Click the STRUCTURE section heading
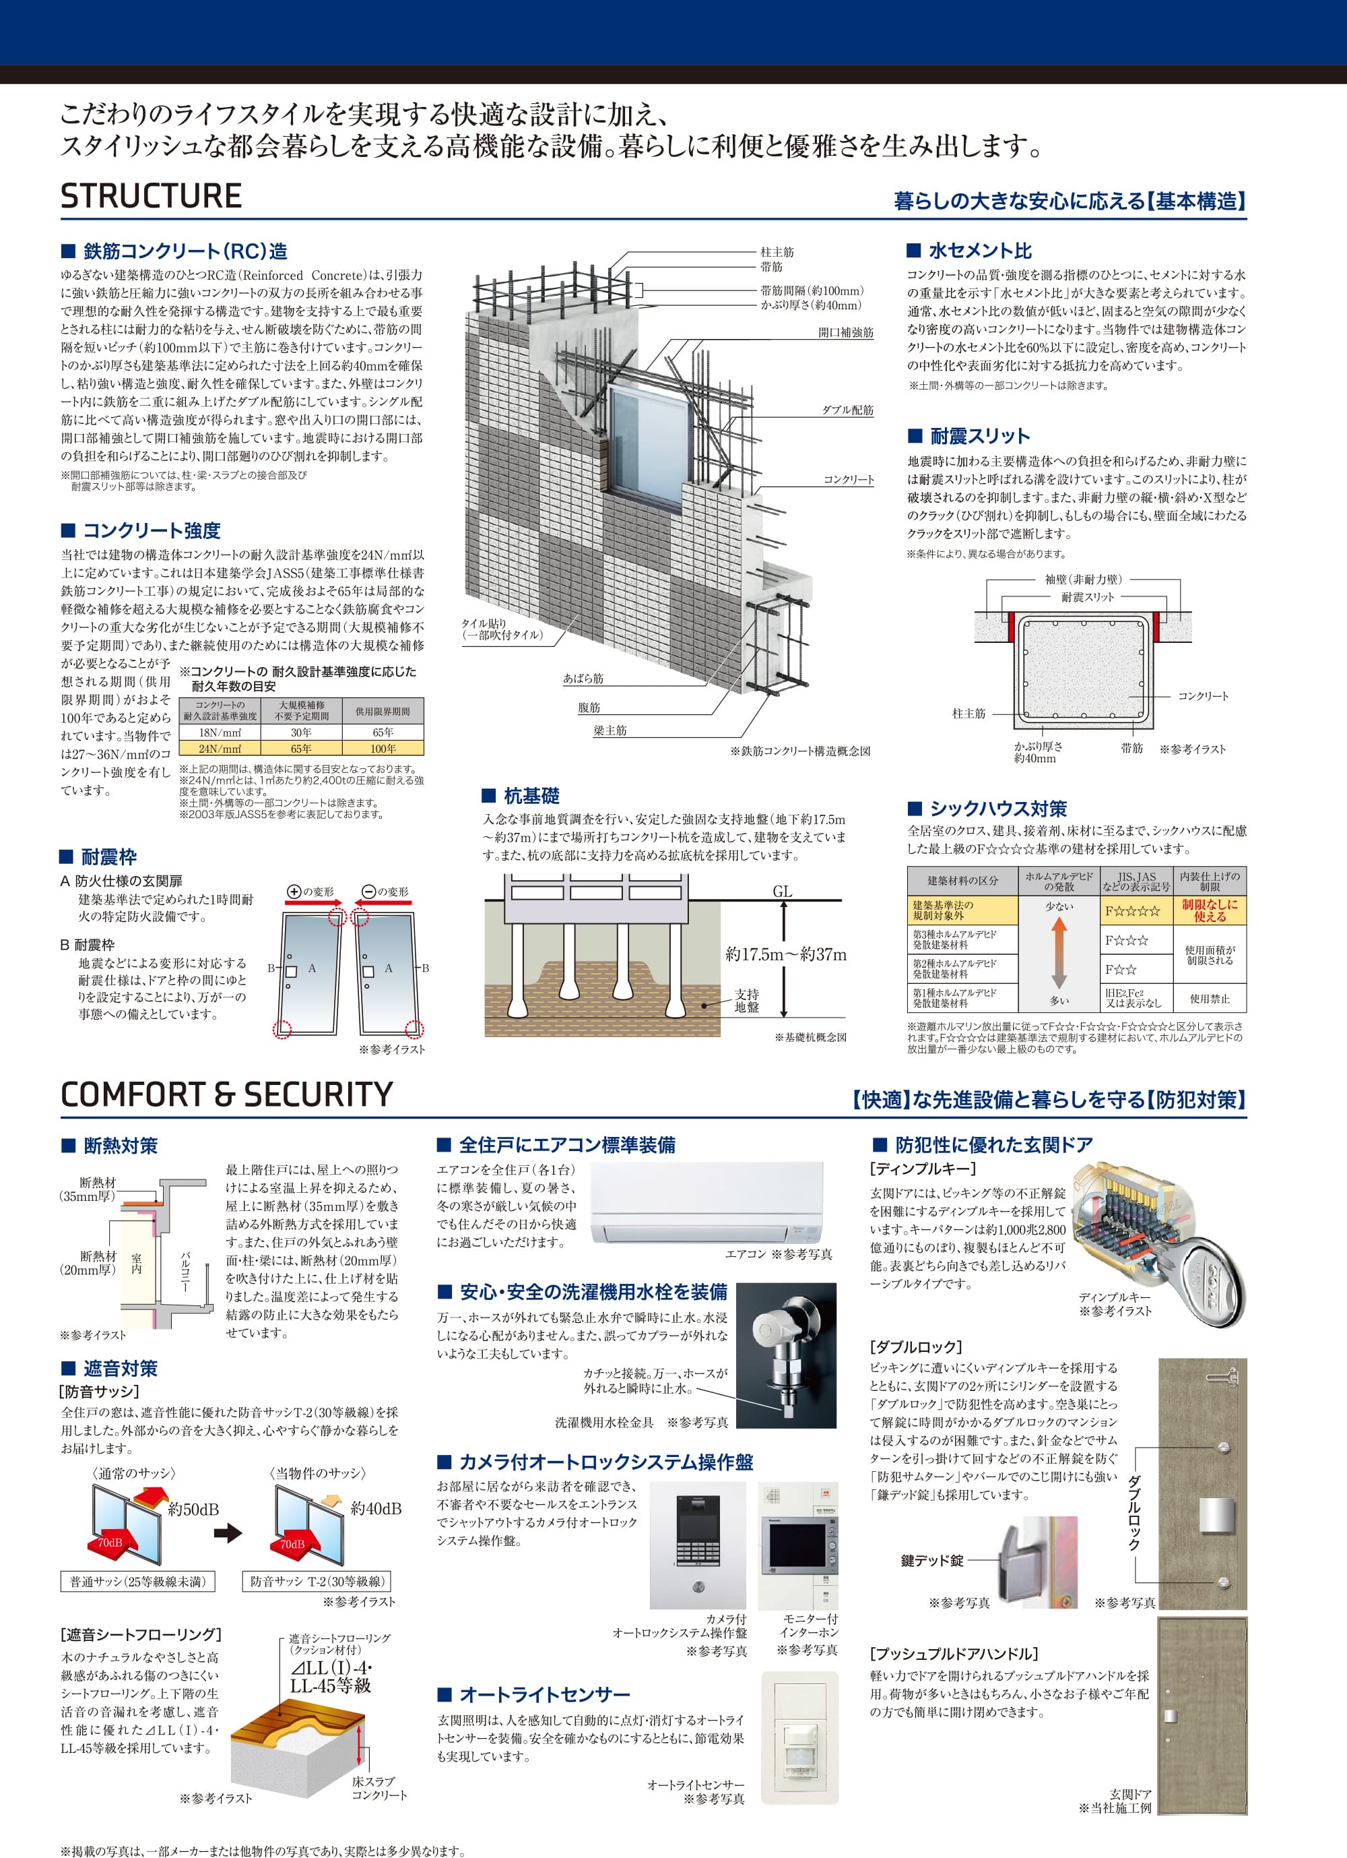tap(151, 197)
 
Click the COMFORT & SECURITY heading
tap(227, 1094)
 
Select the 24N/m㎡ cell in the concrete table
tap(220, 749)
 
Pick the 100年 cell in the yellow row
tap(383, 749)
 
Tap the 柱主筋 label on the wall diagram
tap(777, 252)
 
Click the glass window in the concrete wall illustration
tap(646, 438)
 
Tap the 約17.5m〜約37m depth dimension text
tap(786, 954)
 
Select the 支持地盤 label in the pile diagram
tap(746, 1000)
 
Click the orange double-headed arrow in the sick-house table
tap(1059, 953)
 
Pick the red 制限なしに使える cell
tap(1210, 910)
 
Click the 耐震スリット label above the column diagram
tap(1088, 597)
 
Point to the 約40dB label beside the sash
tap(376, 1508)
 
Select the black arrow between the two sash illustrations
tap(228, 1531)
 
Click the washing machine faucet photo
tap(786, 1355)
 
